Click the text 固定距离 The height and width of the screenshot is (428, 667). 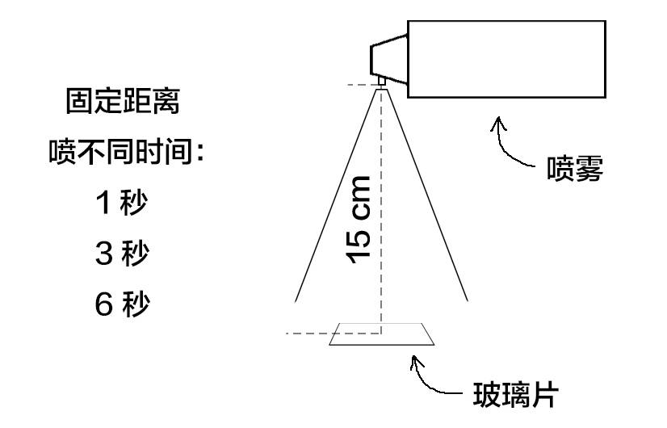(x=122, y=103)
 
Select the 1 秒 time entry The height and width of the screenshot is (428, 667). (x=122, y=203)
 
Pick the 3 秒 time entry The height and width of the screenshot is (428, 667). (x=122, y=254)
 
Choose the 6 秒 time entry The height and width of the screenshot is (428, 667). (x=122, y=305)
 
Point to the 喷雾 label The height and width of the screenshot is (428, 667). (x=574, y=170)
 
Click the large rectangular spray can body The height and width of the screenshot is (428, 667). (x=506, y=58)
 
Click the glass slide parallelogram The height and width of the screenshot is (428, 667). (x=382, y=335)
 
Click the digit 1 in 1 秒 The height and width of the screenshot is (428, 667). (x=103, y=204)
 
